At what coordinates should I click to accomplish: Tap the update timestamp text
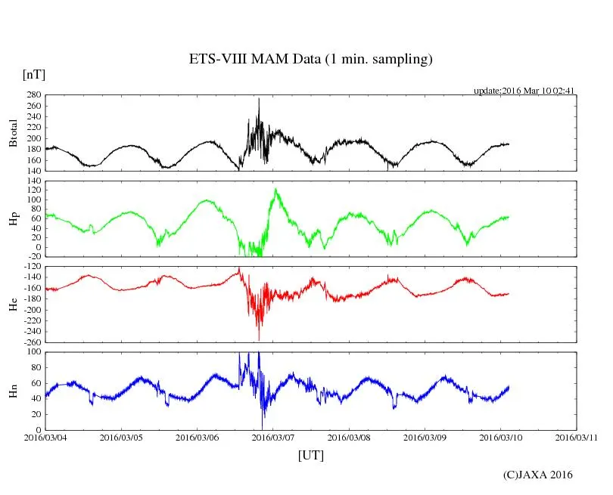click(524, 91)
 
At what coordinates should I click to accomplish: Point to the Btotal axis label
click(13, 133)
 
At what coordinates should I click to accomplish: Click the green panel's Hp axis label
click(13, 219)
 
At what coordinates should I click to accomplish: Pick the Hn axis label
click(13, 390)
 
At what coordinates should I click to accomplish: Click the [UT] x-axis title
click(311, 455)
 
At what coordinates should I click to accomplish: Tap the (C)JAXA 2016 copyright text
click(538, 475)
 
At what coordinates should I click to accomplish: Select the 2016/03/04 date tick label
click(45, 437)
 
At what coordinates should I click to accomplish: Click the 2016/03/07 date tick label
click(272, 437)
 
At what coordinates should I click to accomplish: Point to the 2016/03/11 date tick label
click(575, 437)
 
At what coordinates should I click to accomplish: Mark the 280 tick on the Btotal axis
click(32, 95)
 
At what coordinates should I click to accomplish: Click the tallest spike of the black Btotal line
click(259, 99)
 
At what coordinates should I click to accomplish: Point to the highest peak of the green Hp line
click(275, 189)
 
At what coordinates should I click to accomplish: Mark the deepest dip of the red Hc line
click(259, 339)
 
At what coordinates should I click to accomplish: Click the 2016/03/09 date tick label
click(424, 437)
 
